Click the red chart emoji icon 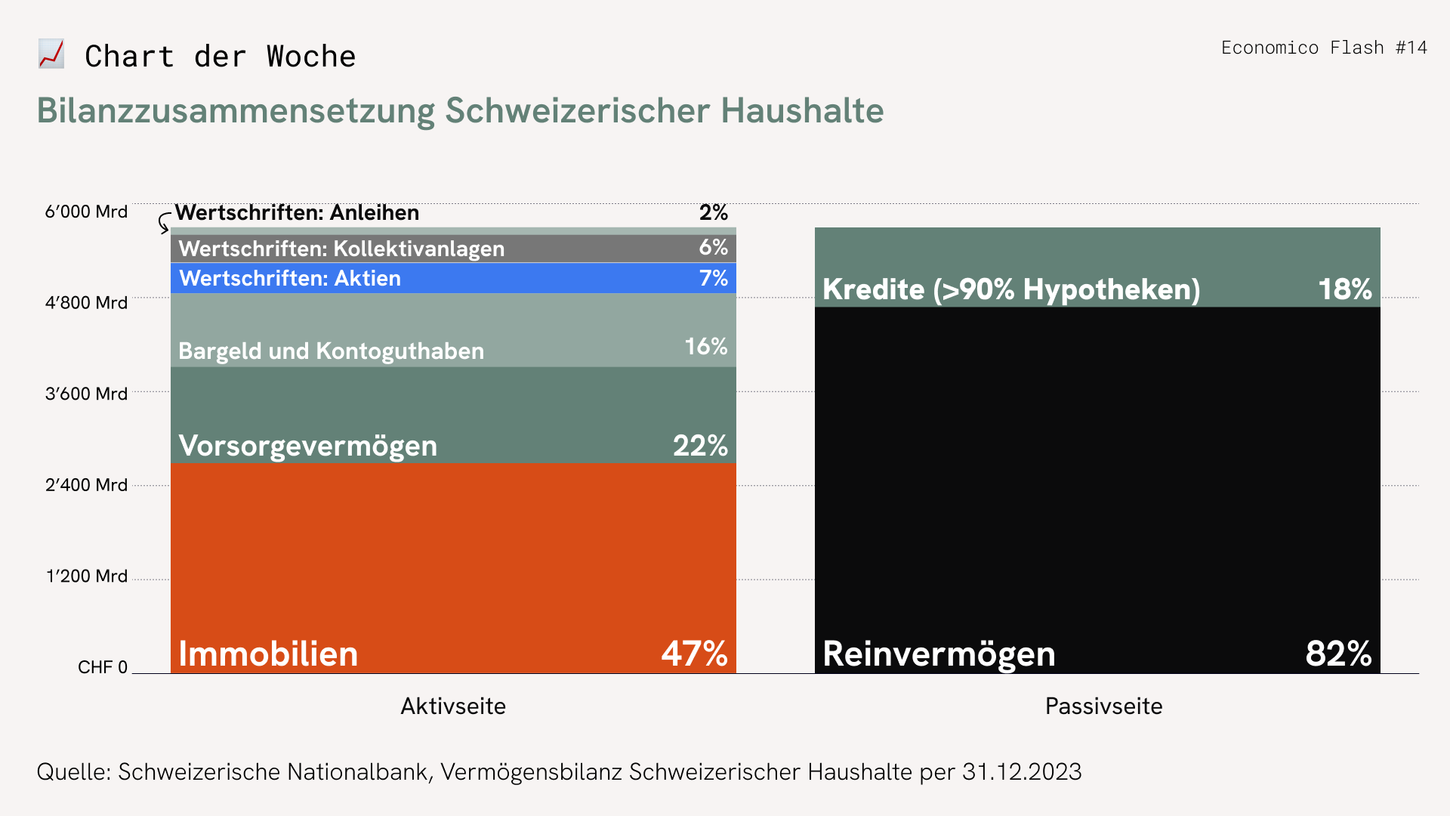[x=51, y=54]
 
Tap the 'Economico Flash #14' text [x=1324, y=48]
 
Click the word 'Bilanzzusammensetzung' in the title [x=236, y=110]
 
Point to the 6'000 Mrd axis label [x=86, y=212]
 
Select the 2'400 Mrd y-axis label [x=86, y=484]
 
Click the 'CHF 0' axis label [x=103, y=667]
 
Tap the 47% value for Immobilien [x=694, y=654]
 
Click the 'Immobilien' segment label [x=268, y=654]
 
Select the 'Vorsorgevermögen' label [x=307, y=446]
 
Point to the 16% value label [x=705, y=347]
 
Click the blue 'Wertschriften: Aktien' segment [x=453, y=278]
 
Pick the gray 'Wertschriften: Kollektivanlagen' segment [x=453, y=249]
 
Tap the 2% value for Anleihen [x=713, y=212]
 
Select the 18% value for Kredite [x=1344, y=289]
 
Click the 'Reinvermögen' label [x=939, y=654]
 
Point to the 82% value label [x=1338, y=654]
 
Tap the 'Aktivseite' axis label [x=453, y=706]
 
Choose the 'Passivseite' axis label [x=1103, y=706]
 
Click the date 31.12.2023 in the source [x=1021, y=771]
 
